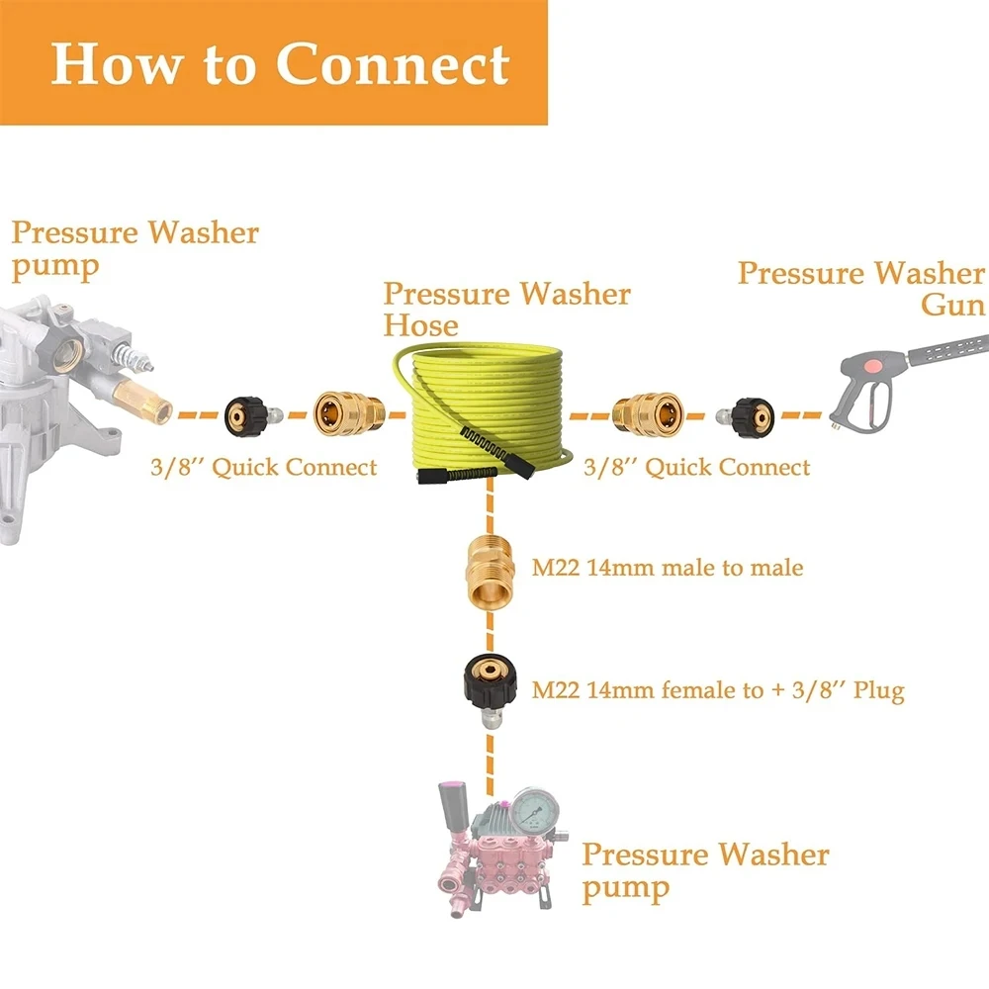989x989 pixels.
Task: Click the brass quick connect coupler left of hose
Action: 347,413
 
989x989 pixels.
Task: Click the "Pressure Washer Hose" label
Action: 506,309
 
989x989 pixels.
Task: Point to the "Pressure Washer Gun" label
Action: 860,288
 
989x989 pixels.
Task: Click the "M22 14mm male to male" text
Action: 668,569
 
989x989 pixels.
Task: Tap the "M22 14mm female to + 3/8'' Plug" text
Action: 718,690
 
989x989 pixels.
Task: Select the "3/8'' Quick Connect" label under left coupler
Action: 264,467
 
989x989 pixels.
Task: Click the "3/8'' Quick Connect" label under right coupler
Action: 697,467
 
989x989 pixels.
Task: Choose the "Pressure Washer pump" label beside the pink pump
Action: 704,869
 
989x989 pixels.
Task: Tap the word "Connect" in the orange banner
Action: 393,63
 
